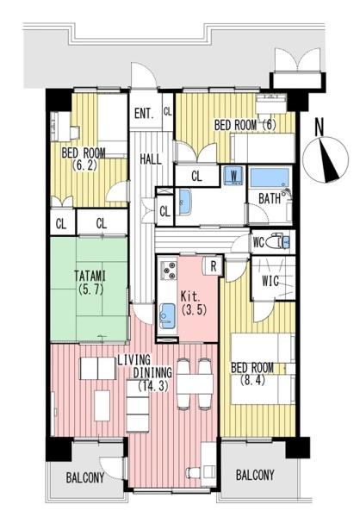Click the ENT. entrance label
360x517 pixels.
(144, 114)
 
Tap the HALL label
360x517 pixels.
(151, 159)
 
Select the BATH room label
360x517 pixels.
(270, 199)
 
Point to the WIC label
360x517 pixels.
(270, 281)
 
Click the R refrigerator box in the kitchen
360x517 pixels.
(214, 265)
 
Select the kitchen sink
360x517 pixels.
(167, 315)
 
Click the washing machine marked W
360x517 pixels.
(233, 176)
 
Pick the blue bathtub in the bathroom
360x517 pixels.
(270, 178)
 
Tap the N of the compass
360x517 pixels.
(320, 128)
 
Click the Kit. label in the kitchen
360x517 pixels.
(190, 296)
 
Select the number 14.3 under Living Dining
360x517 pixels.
(153, 386)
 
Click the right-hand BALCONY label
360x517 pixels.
(255, 475)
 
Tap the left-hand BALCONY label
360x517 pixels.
(85, 477)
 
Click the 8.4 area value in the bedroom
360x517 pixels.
(252, 381)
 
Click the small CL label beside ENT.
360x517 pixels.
(167, 111)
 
